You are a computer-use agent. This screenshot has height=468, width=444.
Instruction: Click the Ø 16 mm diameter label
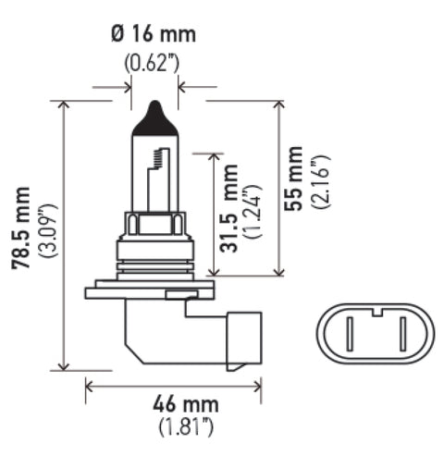(x=154, y=36)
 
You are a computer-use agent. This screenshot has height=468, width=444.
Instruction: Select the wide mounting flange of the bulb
(x=152, y=293)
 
